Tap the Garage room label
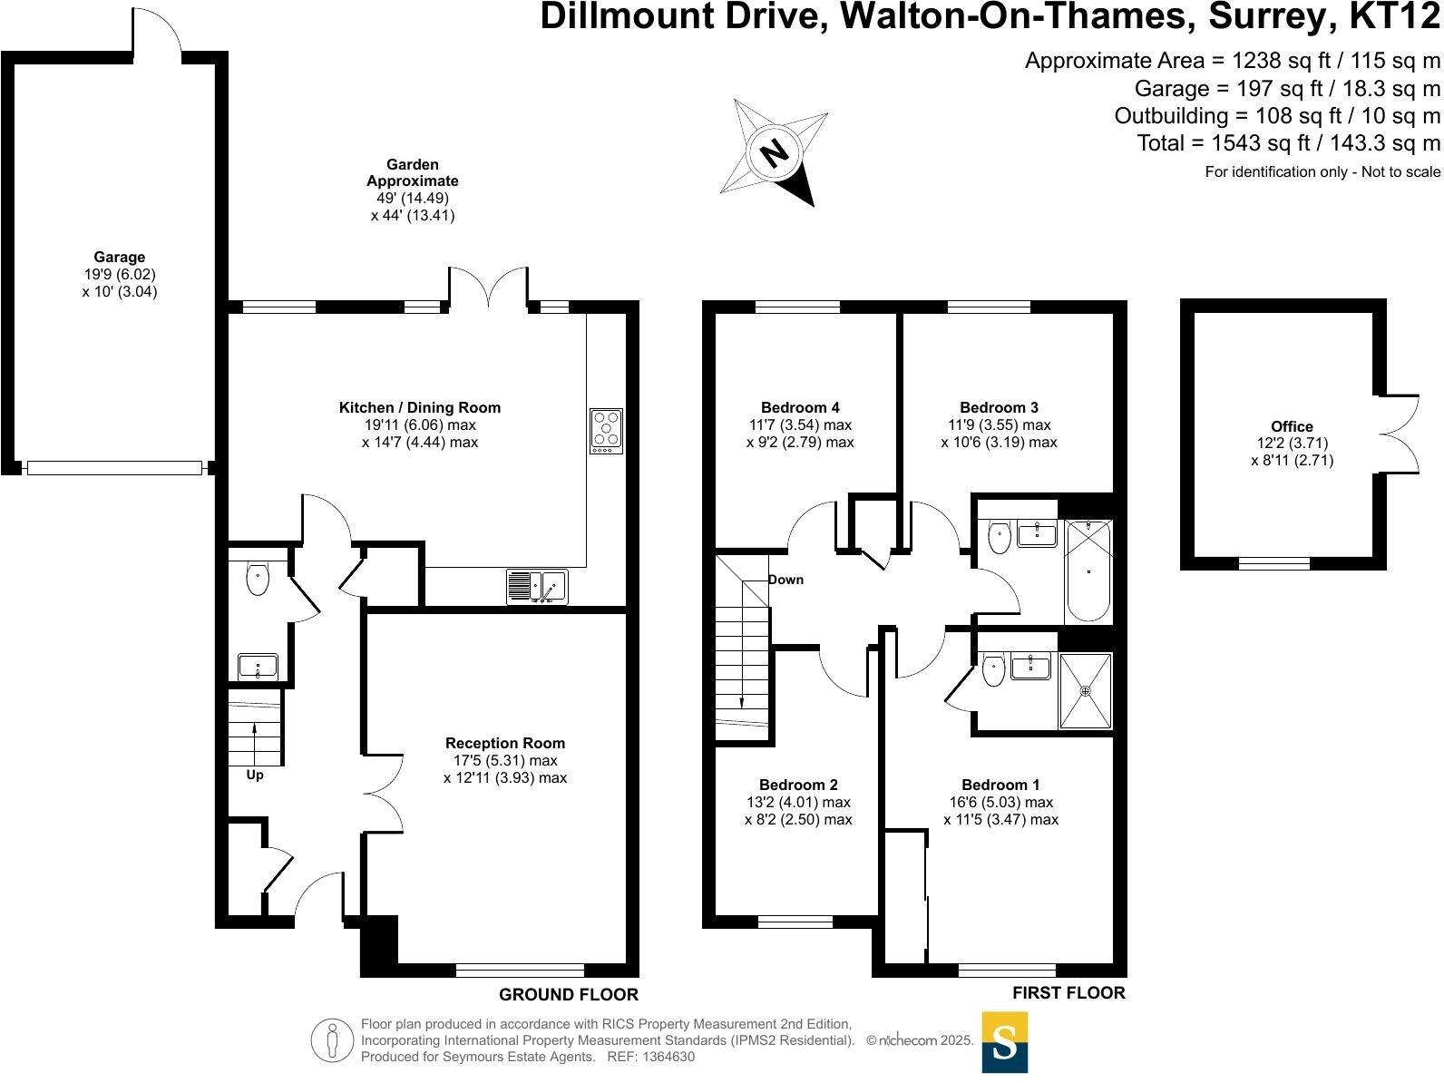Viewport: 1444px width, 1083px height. point(119,258)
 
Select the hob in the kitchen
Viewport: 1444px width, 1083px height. point(606,431)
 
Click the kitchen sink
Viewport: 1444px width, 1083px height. point(537,587)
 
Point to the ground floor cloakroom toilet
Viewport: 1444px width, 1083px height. point(258,579)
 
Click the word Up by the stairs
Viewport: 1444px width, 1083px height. point(255,776)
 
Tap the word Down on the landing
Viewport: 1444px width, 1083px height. point(785,580)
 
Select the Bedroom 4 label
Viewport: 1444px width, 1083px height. point(800,408)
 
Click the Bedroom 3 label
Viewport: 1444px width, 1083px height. point(999,408)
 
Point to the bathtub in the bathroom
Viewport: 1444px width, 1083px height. point(1088,571)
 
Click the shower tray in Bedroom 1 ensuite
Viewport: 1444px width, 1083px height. point(1085,690)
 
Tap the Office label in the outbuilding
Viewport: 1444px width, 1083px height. point(1292,426)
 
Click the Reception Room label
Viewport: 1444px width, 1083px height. point(505,744)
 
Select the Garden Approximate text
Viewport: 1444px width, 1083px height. point(413,173)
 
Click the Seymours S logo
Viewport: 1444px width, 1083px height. point(1005,1043)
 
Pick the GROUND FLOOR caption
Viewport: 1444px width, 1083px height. point(569,995)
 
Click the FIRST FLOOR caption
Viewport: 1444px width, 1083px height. point(1068,993)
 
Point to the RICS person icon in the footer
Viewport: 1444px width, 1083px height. point(333,1040)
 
